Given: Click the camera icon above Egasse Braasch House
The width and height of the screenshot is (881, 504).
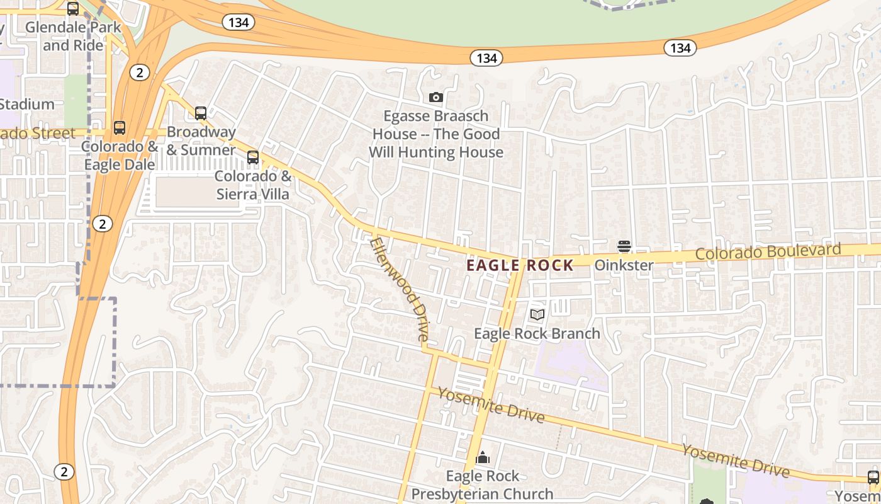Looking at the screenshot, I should (x=435, y=97).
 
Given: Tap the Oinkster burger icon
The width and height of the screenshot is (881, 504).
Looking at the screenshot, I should (x=624, y=246).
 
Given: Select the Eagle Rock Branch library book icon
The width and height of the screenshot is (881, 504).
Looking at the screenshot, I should (x=537, y=314).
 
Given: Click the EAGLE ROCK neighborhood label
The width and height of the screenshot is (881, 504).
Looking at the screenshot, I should (x=520, y=265).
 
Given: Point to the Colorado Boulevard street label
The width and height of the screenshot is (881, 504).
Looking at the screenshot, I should (x=768, y=251).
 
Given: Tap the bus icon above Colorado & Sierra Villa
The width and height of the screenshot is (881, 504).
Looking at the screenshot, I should (x=253, y=157).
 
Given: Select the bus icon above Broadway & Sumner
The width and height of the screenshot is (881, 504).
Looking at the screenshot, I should (x=201, y=113).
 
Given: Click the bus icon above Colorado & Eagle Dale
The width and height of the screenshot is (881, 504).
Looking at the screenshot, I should (x=120, y=128).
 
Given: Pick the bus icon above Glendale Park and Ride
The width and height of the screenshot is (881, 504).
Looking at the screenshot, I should (x=73, y=9).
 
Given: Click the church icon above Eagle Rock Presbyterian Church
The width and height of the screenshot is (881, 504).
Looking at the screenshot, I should (x=483, y=457).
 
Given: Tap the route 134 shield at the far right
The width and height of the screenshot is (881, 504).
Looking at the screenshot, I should (x=680, y=48).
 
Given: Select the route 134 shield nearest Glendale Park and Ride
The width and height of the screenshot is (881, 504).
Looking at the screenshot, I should (x=238, y=23).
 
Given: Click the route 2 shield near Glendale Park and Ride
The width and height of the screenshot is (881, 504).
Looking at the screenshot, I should (x=139, y=73).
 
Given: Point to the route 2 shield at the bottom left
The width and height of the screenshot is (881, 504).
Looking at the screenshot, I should (x=64, y=471).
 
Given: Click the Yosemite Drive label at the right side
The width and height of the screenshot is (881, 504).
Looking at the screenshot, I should (x=736, y=460).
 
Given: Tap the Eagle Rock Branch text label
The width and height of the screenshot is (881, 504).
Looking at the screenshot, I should (x=537, y=333).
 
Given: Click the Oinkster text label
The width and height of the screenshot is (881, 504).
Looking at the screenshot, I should (x=624, y=265).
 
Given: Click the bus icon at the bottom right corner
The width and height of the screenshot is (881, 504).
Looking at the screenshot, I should (x=873, y=477).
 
